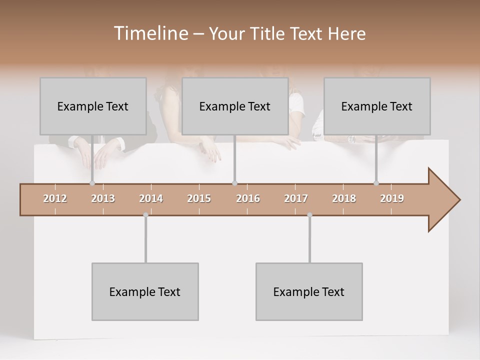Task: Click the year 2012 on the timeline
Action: pyautogui.click(x=55, y=198)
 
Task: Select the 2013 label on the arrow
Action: pyautogui.click(x=103, y=198)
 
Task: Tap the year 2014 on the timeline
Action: pyautogui.click(x=151, y=198)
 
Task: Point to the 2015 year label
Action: pyautogui.click(x=199, y=198)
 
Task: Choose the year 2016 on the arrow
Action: pyautogui.click(x=248, y=198)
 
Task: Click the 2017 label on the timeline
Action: pyautogui.click(x=296, y=198)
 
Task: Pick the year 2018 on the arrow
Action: pyautogui.click(x=344, y=198)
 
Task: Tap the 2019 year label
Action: pyautogui.click(x=392, y=198)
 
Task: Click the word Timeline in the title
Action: pyautogui.click(x=150, y=33)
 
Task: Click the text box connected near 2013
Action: pyautogui.click(x=93, y=106)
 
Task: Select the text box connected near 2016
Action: pyautogui.click(x=235, y=106)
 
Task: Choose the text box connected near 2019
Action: pyautogui.click(x=377, y=106)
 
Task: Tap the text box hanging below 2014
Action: pyautogui.click(x=145, y=291)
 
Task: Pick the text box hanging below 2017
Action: pyautogui.click(x=309, y=291)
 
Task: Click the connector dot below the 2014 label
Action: pyautogui.click(x=145, y=215)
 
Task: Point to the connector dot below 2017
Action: pyautogui.click(x=309, y=215)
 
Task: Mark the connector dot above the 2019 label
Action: pyautogui.click(x=376, y=183)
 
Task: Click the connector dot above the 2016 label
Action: pyautogui.click(x=234, y=183)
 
